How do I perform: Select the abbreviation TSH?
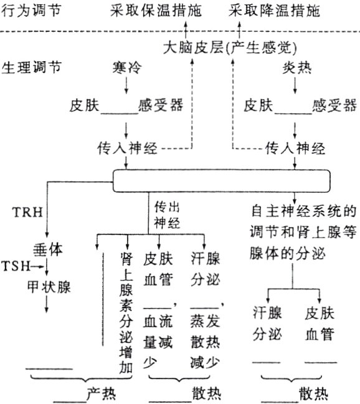point(15,266)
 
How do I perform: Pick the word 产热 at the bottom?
point(100,394)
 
